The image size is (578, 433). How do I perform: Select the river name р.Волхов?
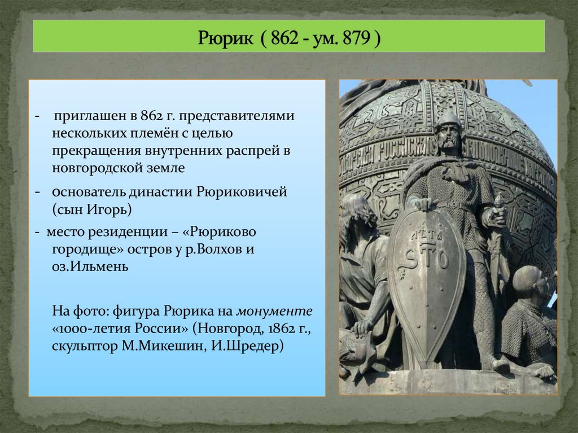tap(213, 250)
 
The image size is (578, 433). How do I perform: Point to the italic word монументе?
tap(274, 310)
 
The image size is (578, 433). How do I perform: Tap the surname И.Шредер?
tap(252, 345)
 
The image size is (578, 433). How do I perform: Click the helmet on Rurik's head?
tap(449, 119)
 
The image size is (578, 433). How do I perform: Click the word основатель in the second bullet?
tap(82, 191)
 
